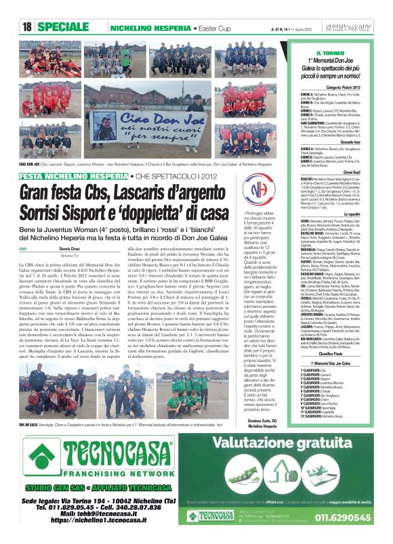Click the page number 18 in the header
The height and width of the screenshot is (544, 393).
tap(28, 27)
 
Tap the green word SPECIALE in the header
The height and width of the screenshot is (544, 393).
tap(68, 27)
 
